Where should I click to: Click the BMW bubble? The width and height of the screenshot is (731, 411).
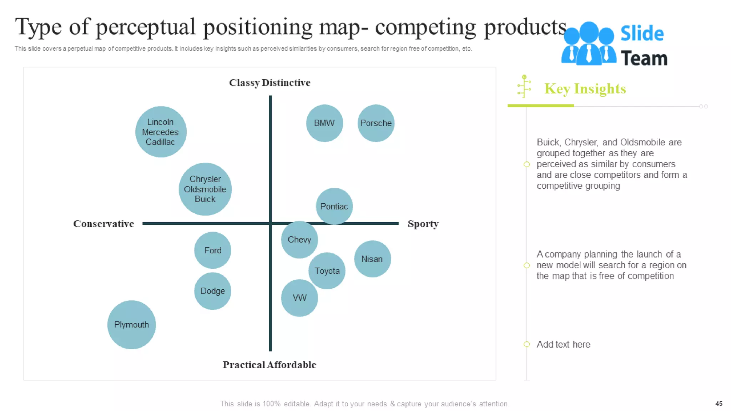(x=324, y=123)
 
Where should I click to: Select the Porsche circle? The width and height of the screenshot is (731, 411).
(x=376, y=123)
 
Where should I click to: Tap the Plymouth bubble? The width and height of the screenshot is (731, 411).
(x=131, y=325)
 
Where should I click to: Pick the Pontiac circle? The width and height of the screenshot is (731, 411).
(x=334, y=206)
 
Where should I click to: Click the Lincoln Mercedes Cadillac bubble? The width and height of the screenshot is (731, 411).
(x=161, y=132)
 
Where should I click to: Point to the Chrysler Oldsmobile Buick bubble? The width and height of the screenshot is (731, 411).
(x=205, y=189)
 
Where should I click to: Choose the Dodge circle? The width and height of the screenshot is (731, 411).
(x=212, y=291)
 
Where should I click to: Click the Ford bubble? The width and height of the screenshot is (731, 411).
(x=213, y=250)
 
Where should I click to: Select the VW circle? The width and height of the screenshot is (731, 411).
(x=299, y=298)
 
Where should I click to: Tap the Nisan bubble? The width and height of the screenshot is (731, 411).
(x=372, y=259)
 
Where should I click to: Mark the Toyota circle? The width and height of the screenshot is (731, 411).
(x=327, y=271)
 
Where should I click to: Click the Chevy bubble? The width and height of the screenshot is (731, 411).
(x=299, y=239)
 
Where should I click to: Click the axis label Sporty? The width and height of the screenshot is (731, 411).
(x=423, y=224)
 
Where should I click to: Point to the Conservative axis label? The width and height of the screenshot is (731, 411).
(x=104, y=224)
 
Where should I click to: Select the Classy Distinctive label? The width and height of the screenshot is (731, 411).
(x=269, y=83)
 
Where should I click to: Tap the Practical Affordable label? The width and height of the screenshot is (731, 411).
(x=269, y=365)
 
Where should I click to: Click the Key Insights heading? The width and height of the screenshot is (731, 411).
(x=585, y=88)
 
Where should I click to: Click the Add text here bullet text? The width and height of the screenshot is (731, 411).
(x=563, y=344)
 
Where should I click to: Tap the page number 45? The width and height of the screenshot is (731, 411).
(x=719, y=404)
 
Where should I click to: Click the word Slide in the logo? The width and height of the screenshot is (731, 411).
(x=642, y=34)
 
